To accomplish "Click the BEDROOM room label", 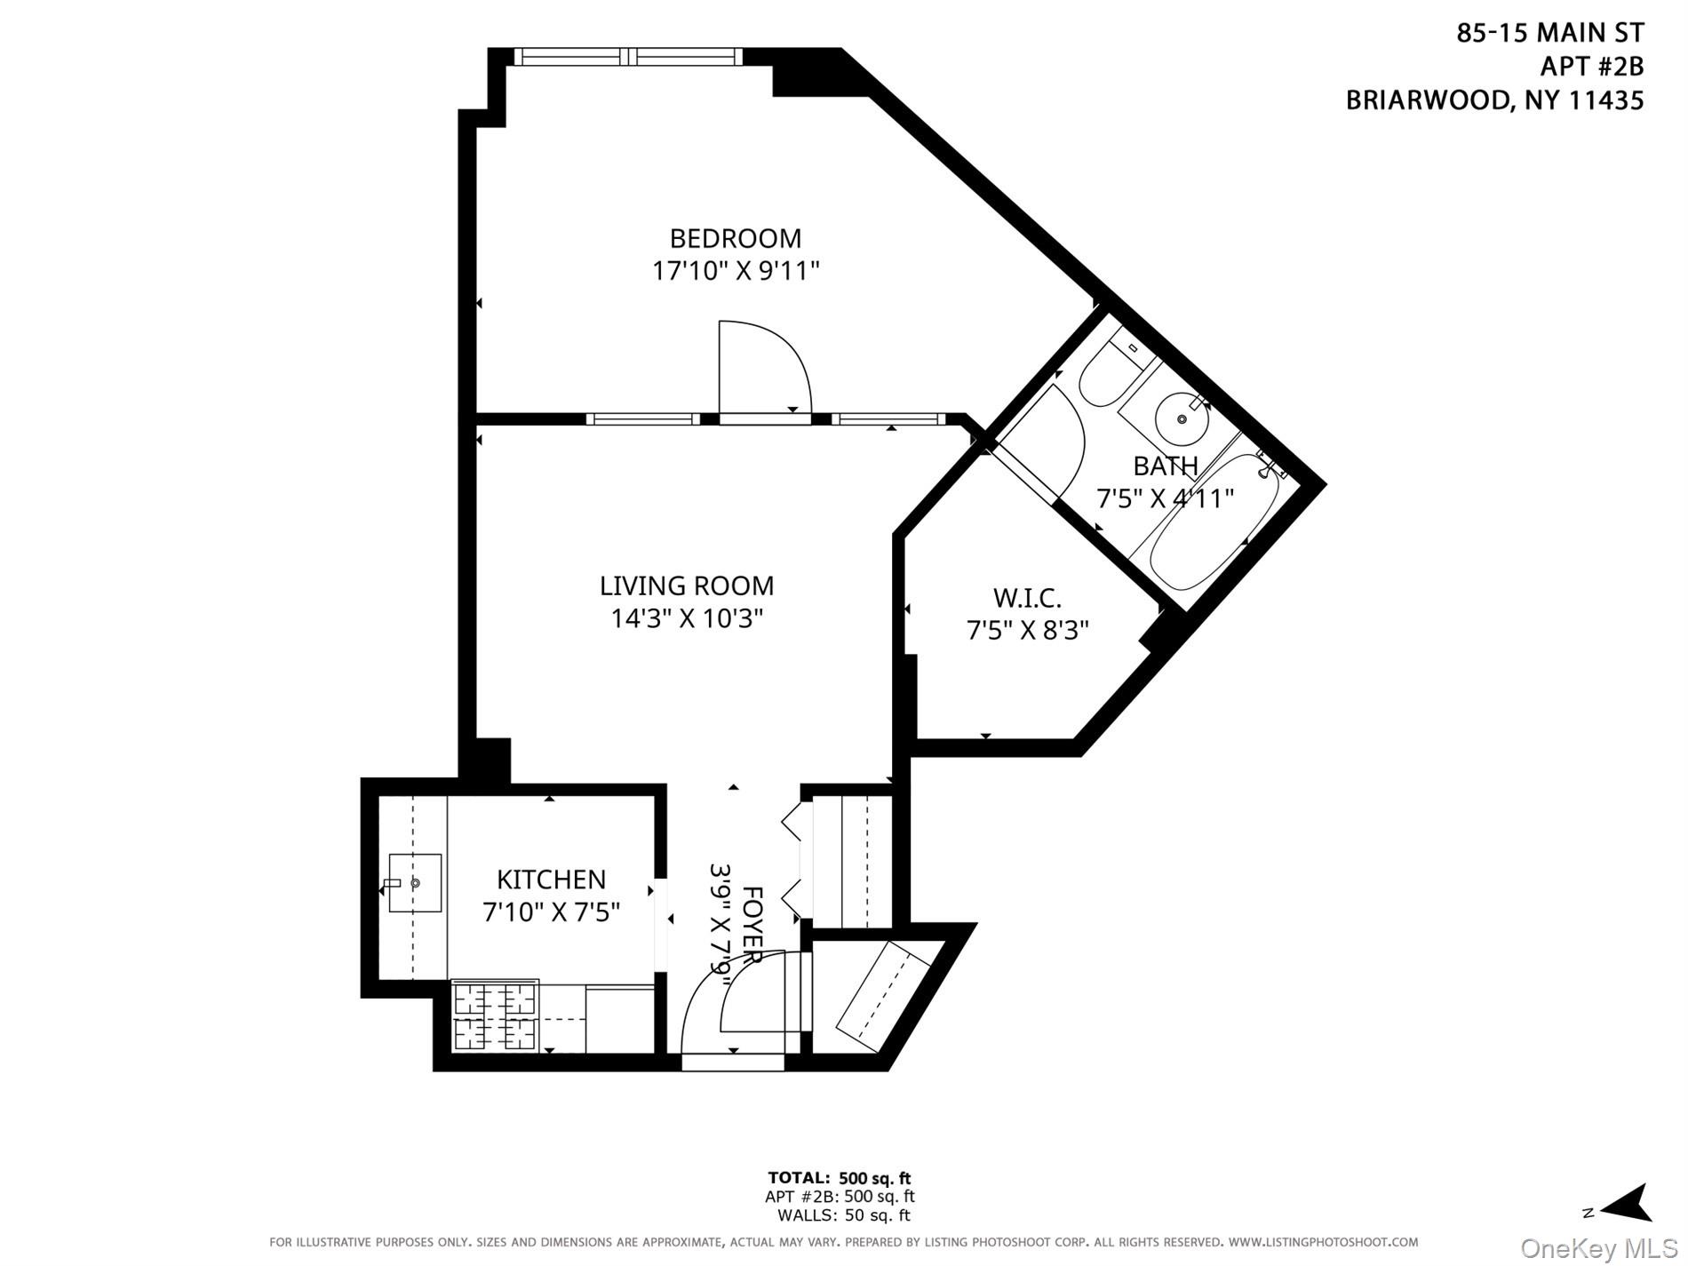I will point(735,238).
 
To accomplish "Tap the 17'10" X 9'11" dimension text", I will point(735,270).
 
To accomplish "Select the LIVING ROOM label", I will point(686,585).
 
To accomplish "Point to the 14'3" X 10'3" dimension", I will point(686,617).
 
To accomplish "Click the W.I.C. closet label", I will point(1026,597).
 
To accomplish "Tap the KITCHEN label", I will point(551,880).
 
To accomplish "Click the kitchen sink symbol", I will point(414,883).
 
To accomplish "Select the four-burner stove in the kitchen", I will point(496,1015).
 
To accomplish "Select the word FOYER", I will point(752,924).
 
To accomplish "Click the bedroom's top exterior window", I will point(627,57).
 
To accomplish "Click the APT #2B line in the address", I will point(1591,67).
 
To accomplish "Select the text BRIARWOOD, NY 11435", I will point(1494,100).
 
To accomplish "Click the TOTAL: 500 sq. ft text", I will point(840,1179).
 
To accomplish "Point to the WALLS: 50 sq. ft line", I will point(843,1215).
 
